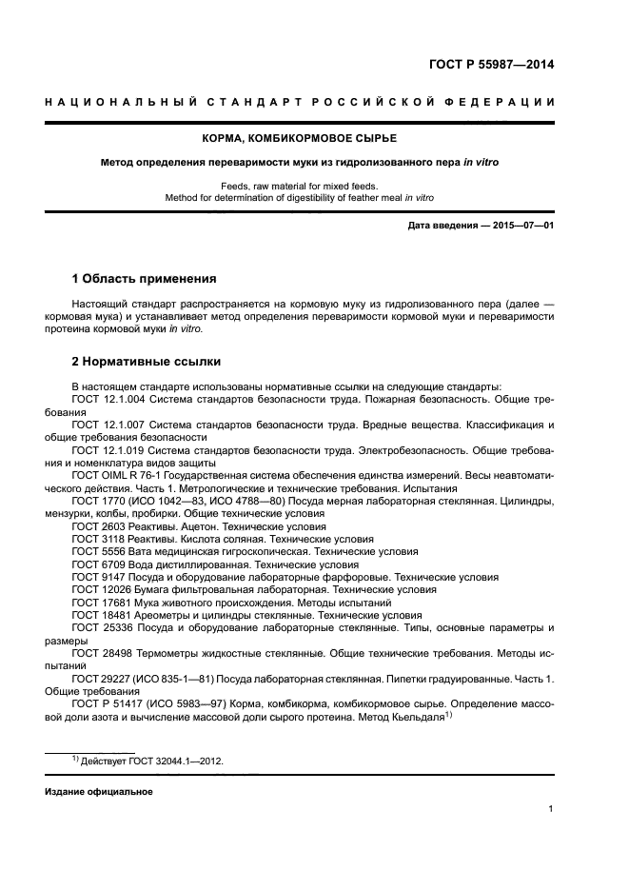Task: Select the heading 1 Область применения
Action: point(144,279)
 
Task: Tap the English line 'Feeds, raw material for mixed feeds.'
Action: point(314,186)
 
